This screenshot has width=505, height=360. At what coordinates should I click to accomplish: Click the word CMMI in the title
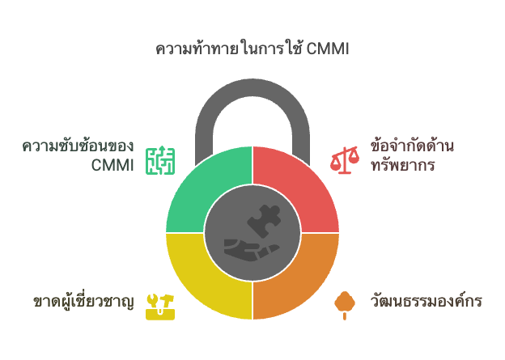(328, 49)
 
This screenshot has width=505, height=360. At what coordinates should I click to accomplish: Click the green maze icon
(160, 160)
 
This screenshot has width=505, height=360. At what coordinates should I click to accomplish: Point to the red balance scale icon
(344, 160)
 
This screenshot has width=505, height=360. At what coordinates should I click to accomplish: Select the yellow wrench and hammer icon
(160, 307)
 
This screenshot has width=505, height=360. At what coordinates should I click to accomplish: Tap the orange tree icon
(345, 305)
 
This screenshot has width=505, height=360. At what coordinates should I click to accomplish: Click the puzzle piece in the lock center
(264, 221)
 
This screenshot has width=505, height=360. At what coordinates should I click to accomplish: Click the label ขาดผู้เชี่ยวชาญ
(83, 302)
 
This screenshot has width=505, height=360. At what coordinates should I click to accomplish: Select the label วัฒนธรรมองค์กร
(426, 301)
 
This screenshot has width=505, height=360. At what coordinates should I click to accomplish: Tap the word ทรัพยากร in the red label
(403, 165)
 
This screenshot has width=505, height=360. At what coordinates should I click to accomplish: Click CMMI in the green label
(112, 165)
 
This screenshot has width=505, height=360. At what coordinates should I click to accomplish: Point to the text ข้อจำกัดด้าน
(412, 146)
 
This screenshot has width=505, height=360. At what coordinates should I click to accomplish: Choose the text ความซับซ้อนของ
(78, 146)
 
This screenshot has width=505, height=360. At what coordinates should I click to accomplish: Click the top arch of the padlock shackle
(252, 87)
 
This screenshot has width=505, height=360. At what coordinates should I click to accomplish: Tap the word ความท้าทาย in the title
(197, 49)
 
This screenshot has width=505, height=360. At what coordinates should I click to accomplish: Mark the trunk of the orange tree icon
(345, 316)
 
